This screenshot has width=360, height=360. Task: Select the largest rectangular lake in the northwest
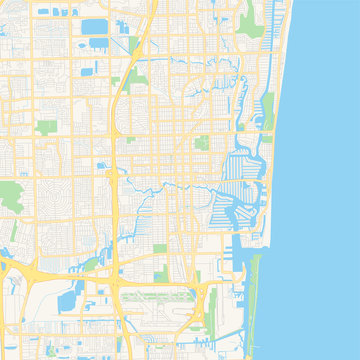coord(95,27)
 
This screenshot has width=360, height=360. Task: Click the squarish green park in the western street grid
coord(46,127)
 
